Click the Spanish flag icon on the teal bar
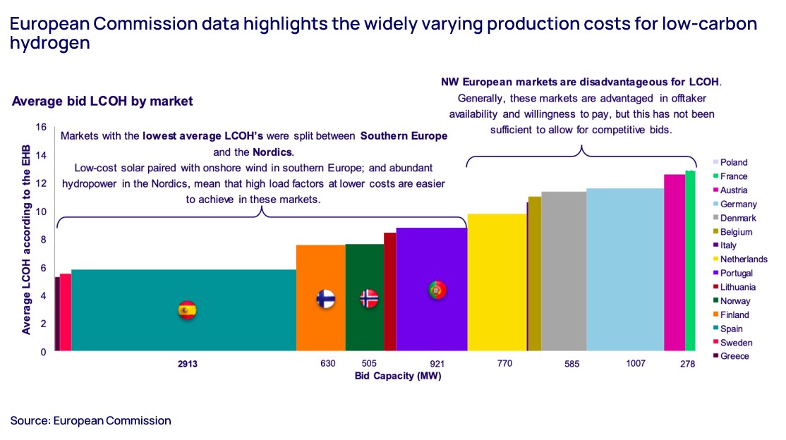(187, 310)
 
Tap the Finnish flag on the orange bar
(325, 299)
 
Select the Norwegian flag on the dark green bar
(369, 299)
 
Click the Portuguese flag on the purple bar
(437, 290)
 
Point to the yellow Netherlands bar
(497, 282)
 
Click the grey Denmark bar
(563, 271)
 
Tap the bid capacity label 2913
(187, 365)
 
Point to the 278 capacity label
(687, 365)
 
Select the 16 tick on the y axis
(41, 128)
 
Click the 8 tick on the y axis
(43, 240)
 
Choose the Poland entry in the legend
(733, 162)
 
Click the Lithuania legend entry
(737, 287)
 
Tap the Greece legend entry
(734, 356)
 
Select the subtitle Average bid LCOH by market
(102, 102)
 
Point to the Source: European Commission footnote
(90, 421)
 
